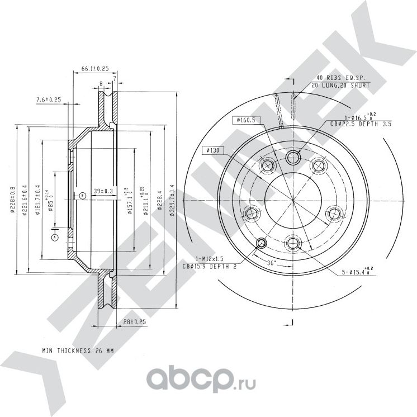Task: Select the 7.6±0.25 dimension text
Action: point(48,99)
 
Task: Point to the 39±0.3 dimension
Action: point(103,191)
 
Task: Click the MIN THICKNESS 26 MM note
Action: point(78,350)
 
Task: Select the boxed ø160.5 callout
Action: point(245,120)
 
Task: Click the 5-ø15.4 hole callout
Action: point(357,272)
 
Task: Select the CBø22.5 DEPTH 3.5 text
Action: point(360,124)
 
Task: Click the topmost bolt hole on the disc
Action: point(293,157)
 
